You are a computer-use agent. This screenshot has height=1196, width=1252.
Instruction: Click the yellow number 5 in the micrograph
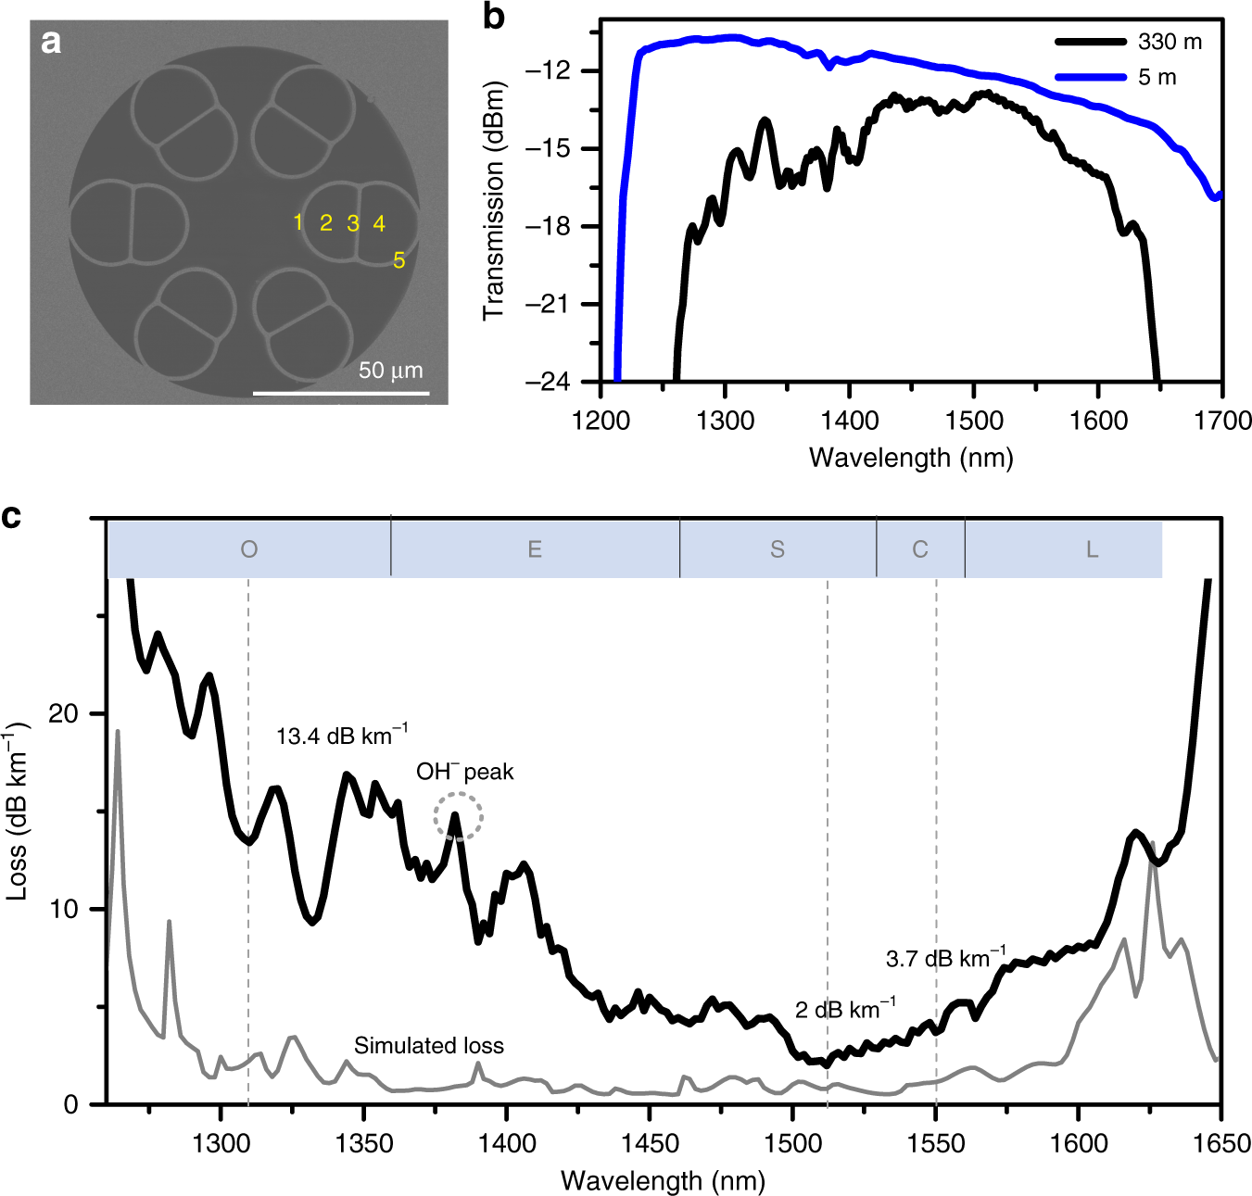pos(399,260)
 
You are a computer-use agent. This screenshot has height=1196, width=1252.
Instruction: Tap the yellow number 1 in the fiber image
pos(297,222)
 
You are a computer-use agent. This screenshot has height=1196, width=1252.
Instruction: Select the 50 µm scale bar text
pos(390,371)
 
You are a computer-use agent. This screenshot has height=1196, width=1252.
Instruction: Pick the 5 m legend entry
pos(1116,77)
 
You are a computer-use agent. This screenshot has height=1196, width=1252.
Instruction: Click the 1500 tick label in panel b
pos(974,421)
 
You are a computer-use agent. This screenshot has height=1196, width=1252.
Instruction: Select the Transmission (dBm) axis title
pos(494,201)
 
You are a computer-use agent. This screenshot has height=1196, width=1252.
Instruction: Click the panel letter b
pos(494,17)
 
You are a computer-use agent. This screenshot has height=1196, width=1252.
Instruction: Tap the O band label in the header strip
pos(248,549)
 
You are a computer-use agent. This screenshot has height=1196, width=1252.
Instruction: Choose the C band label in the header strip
pos(919,549)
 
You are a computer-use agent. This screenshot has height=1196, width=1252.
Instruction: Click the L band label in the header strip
pos(1092,549)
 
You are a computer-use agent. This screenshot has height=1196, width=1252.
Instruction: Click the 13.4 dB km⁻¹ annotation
pos(341,736)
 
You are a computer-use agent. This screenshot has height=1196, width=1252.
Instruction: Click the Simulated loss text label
pos(429,1046)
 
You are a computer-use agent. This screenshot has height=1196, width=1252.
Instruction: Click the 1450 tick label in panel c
pos(650,1144)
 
